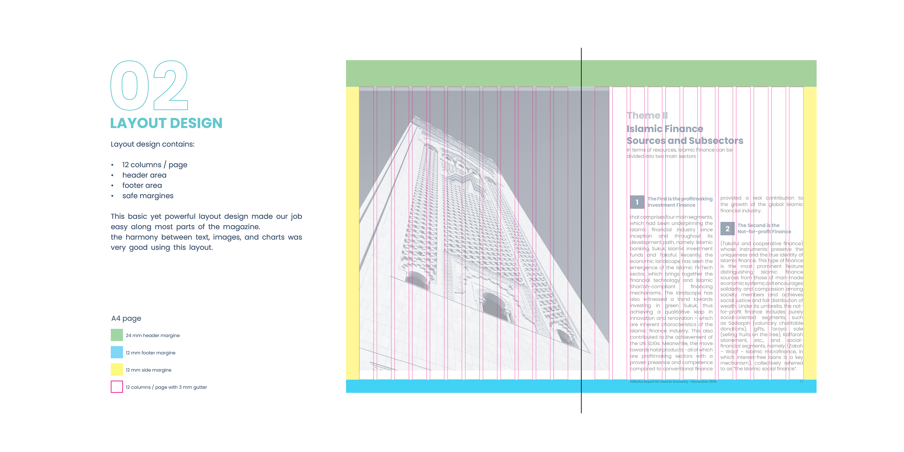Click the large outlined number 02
coord(149,86)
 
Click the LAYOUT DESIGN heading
coord(166,123)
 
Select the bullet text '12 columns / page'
coord(154,165)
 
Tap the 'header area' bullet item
coord(144,175)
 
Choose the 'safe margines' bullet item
coord(148,196)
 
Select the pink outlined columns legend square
coord(117,387)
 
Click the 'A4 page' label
coord(126,318)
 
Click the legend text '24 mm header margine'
coord(153,335)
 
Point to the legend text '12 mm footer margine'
coord(151,353)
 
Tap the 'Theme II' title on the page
coord(647,115)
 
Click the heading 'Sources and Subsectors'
coord(685,141)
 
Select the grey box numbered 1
coord(637,202)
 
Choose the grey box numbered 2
coord(727,229)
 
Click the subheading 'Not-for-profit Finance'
coord(764,232)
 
